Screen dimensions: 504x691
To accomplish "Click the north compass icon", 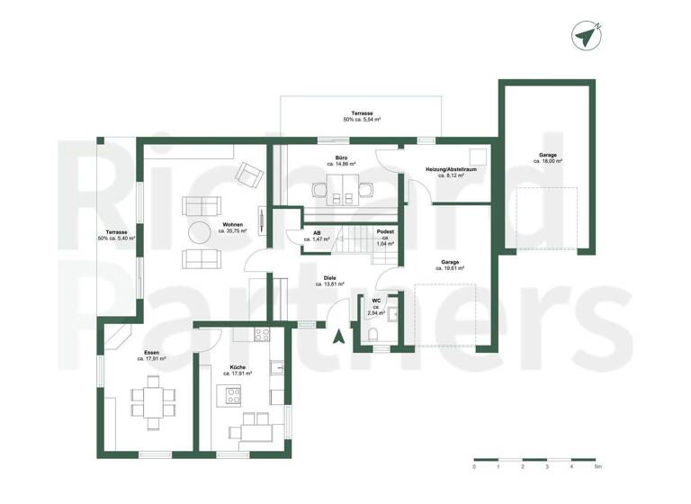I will (x=585, y=35).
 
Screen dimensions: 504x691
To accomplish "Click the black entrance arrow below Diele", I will (x=338, y=337).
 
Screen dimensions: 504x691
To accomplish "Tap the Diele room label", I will (x=331, y=281).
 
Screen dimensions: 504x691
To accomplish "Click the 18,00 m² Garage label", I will (x=548, y=158).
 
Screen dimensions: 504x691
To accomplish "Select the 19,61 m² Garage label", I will (x=450, y=265).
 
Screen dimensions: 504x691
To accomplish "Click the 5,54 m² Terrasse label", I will (x=362, y=116).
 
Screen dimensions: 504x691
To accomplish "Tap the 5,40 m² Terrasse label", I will (x=113, y=236).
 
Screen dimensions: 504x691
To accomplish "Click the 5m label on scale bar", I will (x=597, y=468).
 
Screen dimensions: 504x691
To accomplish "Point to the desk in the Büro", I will (x=342, y=189).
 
